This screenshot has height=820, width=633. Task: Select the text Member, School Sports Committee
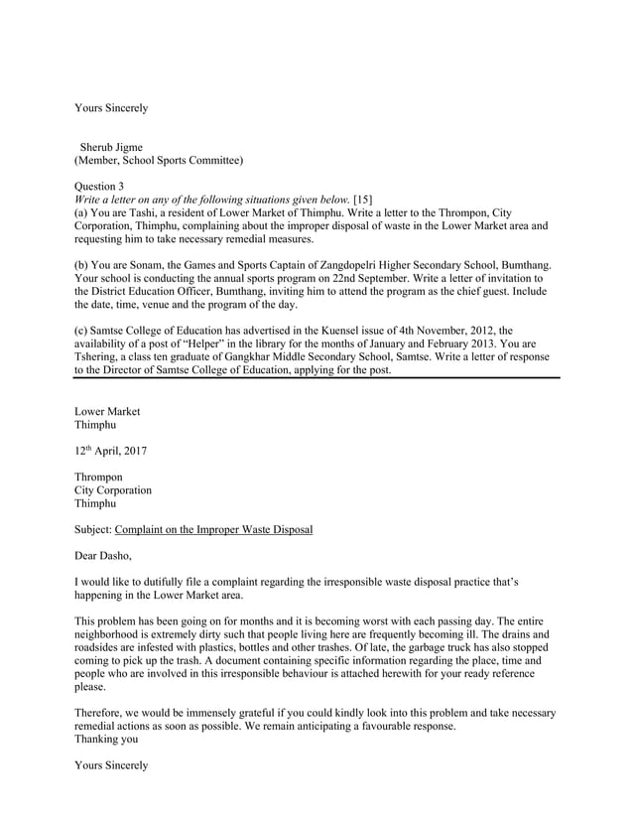click(159, 161)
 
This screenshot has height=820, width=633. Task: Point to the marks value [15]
click(363, 200)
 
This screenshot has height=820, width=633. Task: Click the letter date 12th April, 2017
click(111, 452)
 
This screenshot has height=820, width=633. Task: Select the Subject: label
click(94, 530)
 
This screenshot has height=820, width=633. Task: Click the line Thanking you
click(107, 740)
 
